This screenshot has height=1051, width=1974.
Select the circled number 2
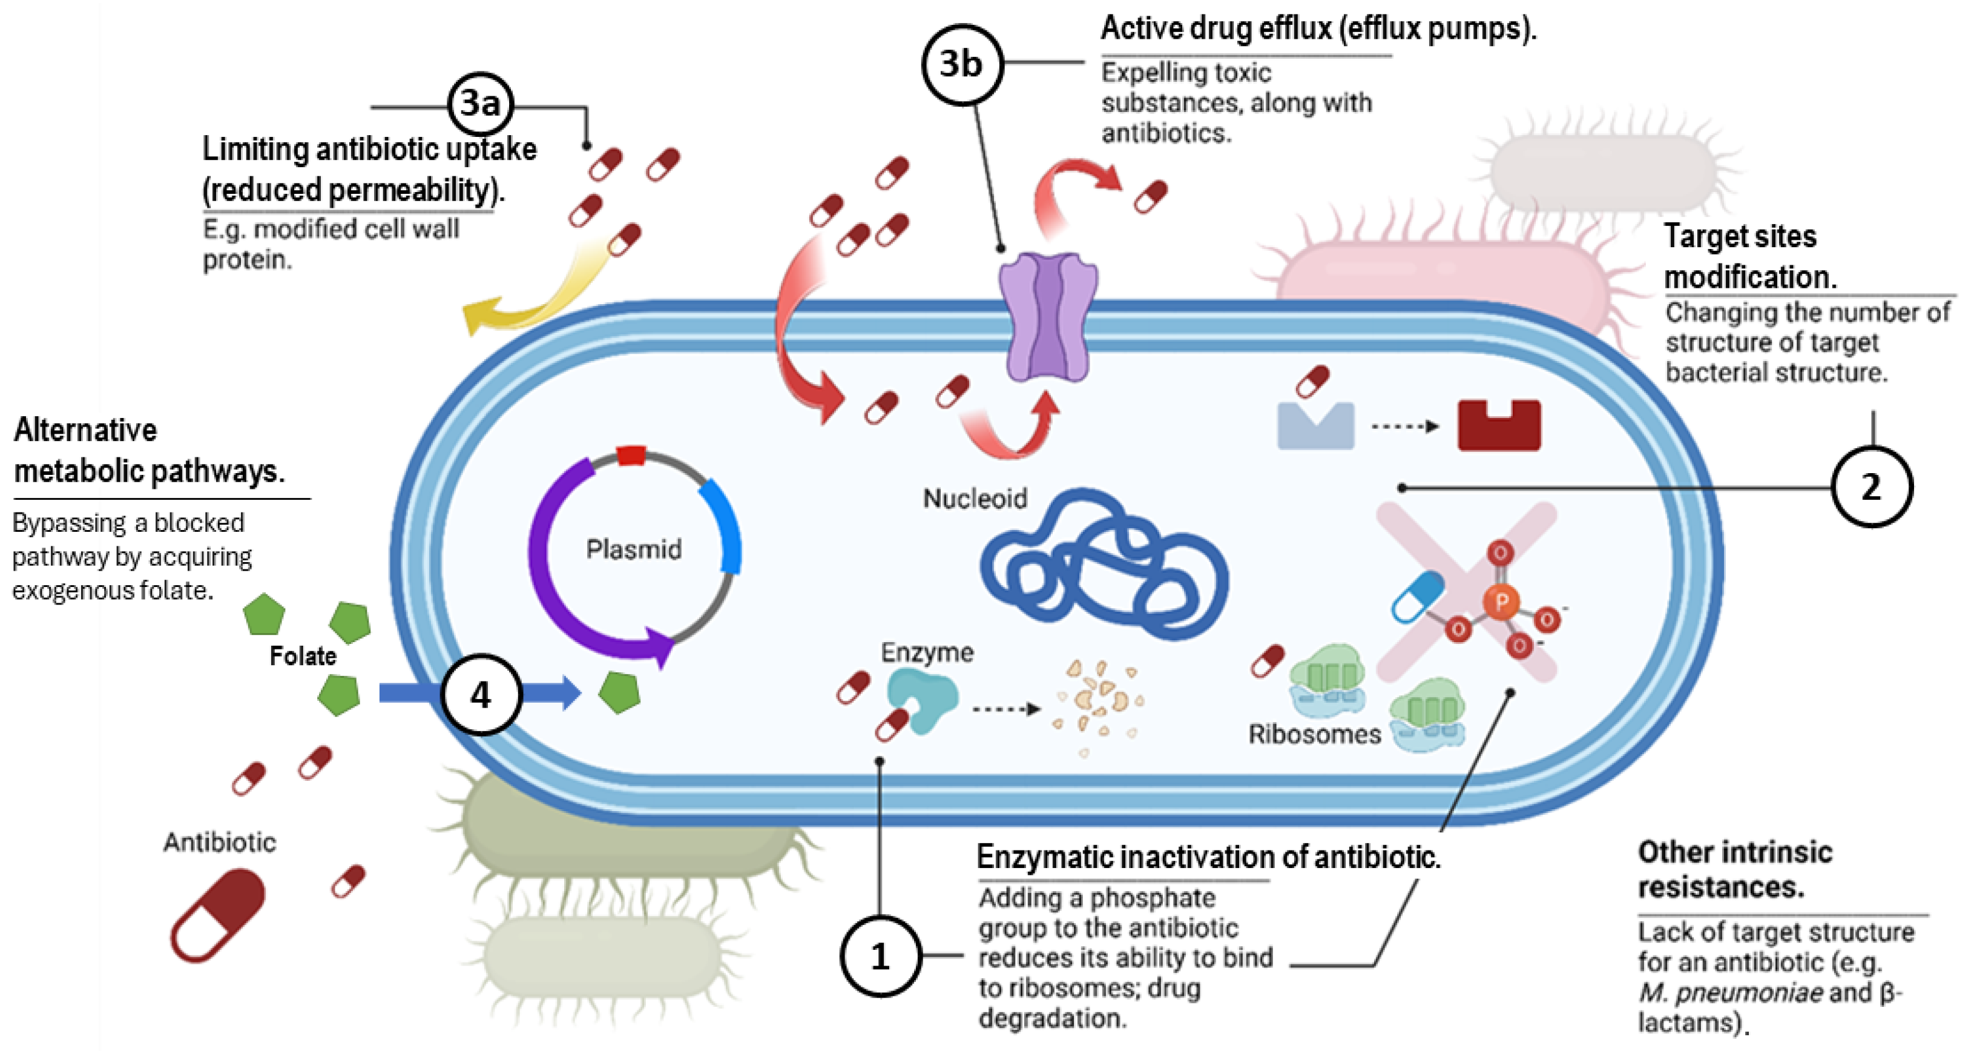(1870, 487)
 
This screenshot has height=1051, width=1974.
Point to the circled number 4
(481, 695)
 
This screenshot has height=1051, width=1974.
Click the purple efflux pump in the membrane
(1048, 317)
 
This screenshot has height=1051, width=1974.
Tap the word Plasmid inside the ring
(633, 549)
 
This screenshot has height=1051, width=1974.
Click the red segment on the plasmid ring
(631, 456)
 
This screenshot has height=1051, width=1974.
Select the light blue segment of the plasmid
(724, 526)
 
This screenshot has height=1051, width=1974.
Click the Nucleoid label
(974, 499)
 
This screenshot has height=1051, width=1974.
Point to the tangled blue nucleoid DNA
(1104, 567)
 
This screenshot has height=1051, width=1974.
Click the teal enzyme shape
(923, 698)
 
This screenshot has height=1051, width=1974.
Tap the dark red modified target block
(1498, 426)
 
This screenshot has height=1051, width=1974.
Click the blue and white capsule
(1418, 597)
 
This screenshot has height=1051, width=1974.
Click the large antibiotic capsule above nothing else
(218, 915)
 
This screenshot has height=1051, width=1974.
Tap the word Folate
(303, 656)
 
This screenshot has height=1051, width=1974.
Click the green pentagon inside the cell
(619, 692)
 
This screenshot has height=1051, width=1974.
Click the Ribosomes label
(1314, 734)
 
